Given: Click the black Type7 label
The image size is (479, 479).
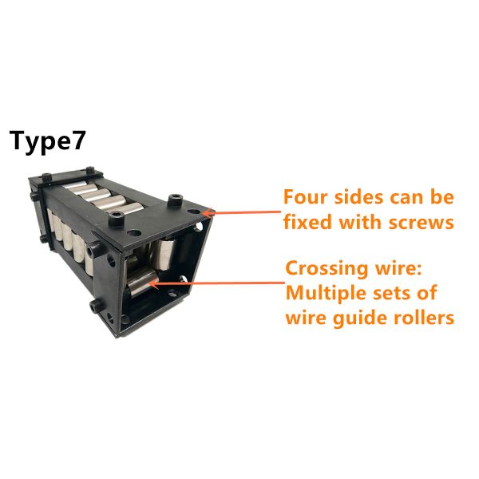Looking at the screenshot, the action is coord(47,142).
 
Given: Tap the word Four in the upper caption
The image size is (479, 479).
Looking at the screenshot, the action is coord(306,197).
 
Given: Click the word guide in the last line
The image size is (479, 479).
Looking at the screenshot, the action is coord(361,319).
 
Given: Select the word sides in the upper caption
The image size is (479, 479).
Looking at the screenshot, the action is coord(359,197).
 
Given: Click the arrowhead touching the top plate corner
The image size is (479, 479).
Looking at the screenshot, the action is coord(207,212).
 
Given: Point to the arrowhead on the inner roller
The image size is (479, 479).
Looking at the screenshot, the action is coord(153,284).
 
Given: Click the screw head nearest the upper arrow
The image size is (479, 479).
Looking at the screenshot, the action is coord(175,200).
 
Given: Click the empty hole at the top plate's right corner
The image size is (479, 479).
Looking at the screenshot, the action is coord(193,212).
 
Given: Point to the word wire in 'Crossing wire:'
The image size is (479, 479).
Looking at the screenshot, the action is coord(397,269).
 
